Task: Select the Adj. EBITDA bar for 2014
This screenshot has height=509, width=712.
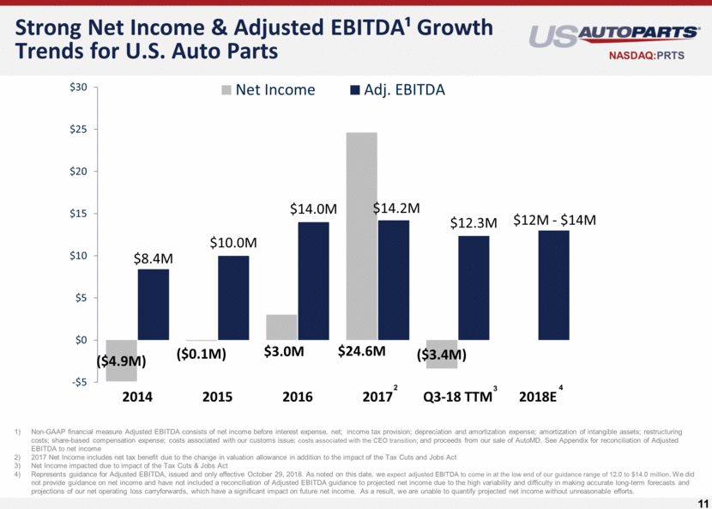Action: (x=154, y=305)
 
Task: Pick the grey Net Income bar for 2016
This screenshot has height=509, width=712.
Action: (x=281, y=327)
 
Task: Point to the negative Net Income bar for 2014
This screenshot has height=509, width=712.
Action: (x=121, y=361)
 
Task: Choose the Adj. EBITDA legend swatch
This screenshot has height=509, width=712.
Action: (x=355, y=90)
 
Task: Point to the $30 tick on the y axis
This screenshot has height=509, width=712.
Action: (x=77, y=88)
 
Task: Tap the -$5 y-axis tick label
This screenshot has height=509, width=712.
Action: (x=77, y=382)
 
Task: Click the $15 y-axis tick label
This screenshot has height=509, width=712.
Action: (x=77, y=214)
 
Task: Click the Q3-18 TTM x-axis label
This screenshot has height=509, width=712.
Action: (x=457, y=397)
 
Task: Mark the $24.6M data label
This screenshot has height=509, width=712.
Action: (x=361, y=351)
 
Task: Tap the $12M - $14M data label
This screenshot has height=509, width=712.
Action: (x=554, y=221)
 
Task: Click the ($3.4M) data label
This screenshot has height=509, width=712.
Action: (x=442, y=354)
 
